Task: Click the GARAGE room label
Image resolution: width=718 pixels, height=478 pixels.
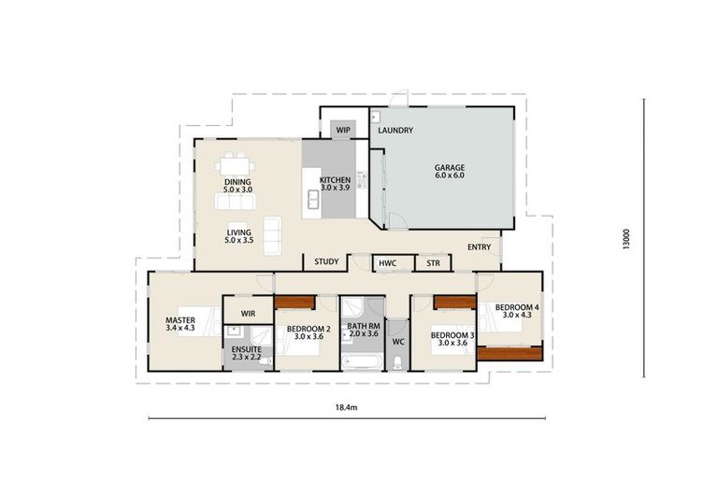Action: click(x=449, y=168)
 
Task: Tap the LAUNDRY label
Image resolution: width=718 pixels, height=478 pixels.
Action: click(x=395, y=131)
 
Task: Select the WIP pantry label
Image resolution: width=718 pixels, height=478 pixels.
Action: click(x=343, y=131)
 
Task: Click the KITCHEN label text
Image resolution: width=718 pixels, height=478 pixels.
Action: click(x=335, y=179)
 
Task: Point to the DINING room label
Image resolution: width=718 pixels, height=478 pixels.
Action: click(x=238, y=182)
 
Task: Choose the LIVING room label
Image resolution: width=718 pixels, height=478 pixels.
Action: click(x=238, y=233)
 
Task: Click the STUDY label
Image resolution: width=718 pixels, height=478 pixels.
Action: click(x=326, y=262)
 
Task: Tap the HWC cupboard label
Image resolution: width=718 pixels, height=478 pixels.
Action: click(x=387, y=264)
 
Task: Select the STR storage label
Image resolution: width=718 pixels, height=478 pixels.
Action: click(x=433, y=264)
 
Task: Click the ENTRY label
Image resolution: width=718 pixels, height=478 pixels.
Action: click(x=479, y=247)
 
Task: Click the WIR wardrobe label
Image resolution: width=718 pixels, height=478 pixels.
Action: click(x=248, y=313)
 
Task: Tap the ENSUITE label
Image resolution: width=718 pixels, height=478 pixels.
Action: click(x=248, y=350)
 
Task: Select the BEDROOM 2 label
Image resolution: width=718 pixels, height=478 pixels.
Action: click(x=307, y=329)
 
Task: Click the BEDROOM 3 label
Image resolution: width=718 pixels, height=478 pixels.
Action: click(x=452, y=334)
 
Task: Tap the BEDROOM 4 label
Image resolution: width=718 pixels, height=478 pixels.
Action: click(x=516, y=307)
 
